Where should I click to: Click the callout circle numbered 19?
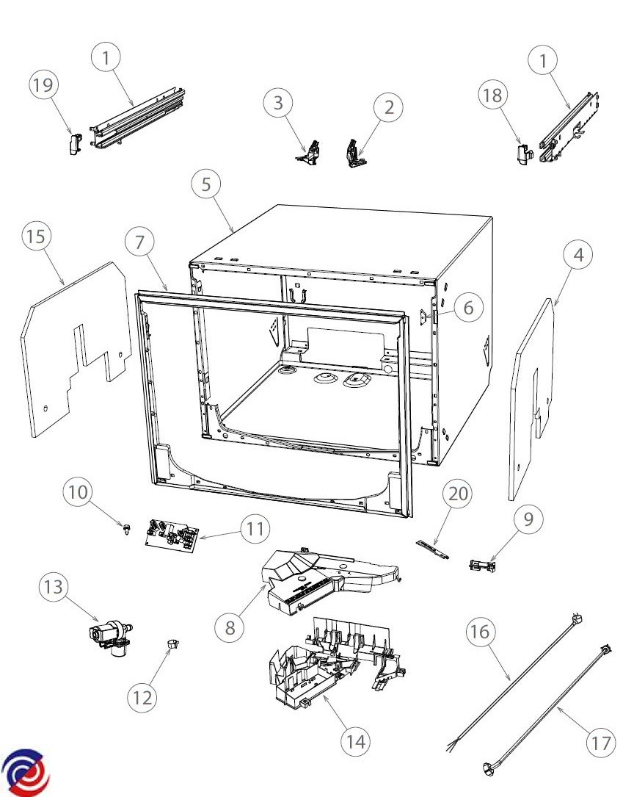point(43,86)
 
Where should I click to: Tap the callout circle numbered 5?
point(206,184)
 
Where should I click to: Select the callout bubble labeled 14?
point(355,741)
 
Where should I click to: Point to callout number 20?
point(458,494)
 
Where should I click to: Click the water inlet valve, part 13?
point(109,632)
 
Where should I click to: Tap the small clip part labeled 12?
point(172,644)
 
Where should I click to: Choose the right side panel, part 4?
point(532,397)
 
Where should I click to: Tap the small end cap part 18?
point(522,154)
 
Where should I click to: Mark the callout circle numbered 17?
point(602,743)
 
